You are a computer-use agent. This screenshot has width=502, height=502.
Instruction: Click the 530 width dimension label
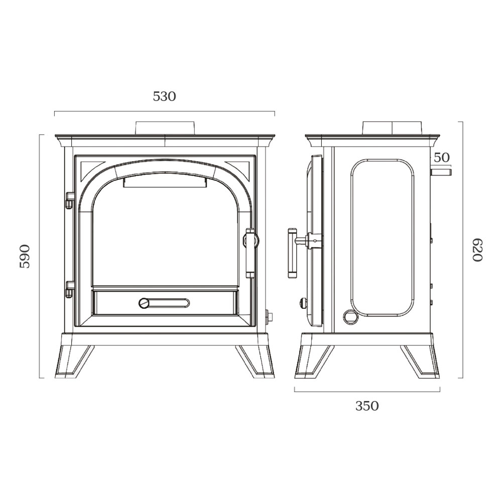165,96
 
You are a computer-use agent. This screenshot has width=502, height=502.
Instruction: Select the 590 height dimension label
25,256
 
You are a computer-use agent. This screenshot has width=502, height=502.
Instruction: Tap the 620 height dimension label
477,249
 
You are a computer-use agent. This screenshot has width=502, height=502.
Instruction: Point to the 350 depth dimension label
367,406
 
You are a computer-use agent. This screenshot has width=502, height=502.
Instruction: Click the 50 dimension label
441,157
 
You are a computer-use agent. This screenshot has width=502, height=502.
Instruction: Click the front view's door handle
249,253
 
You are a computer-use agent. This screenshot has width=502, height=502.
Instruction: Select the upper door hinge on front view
70,200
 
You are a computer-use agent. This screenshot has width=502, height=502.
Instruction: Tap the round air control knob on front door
145,303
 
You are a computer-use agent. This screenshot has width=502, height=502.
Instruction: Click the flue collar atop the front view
165,128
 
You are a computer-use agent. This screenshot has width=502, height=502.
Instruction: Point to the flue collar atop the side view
393,128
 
